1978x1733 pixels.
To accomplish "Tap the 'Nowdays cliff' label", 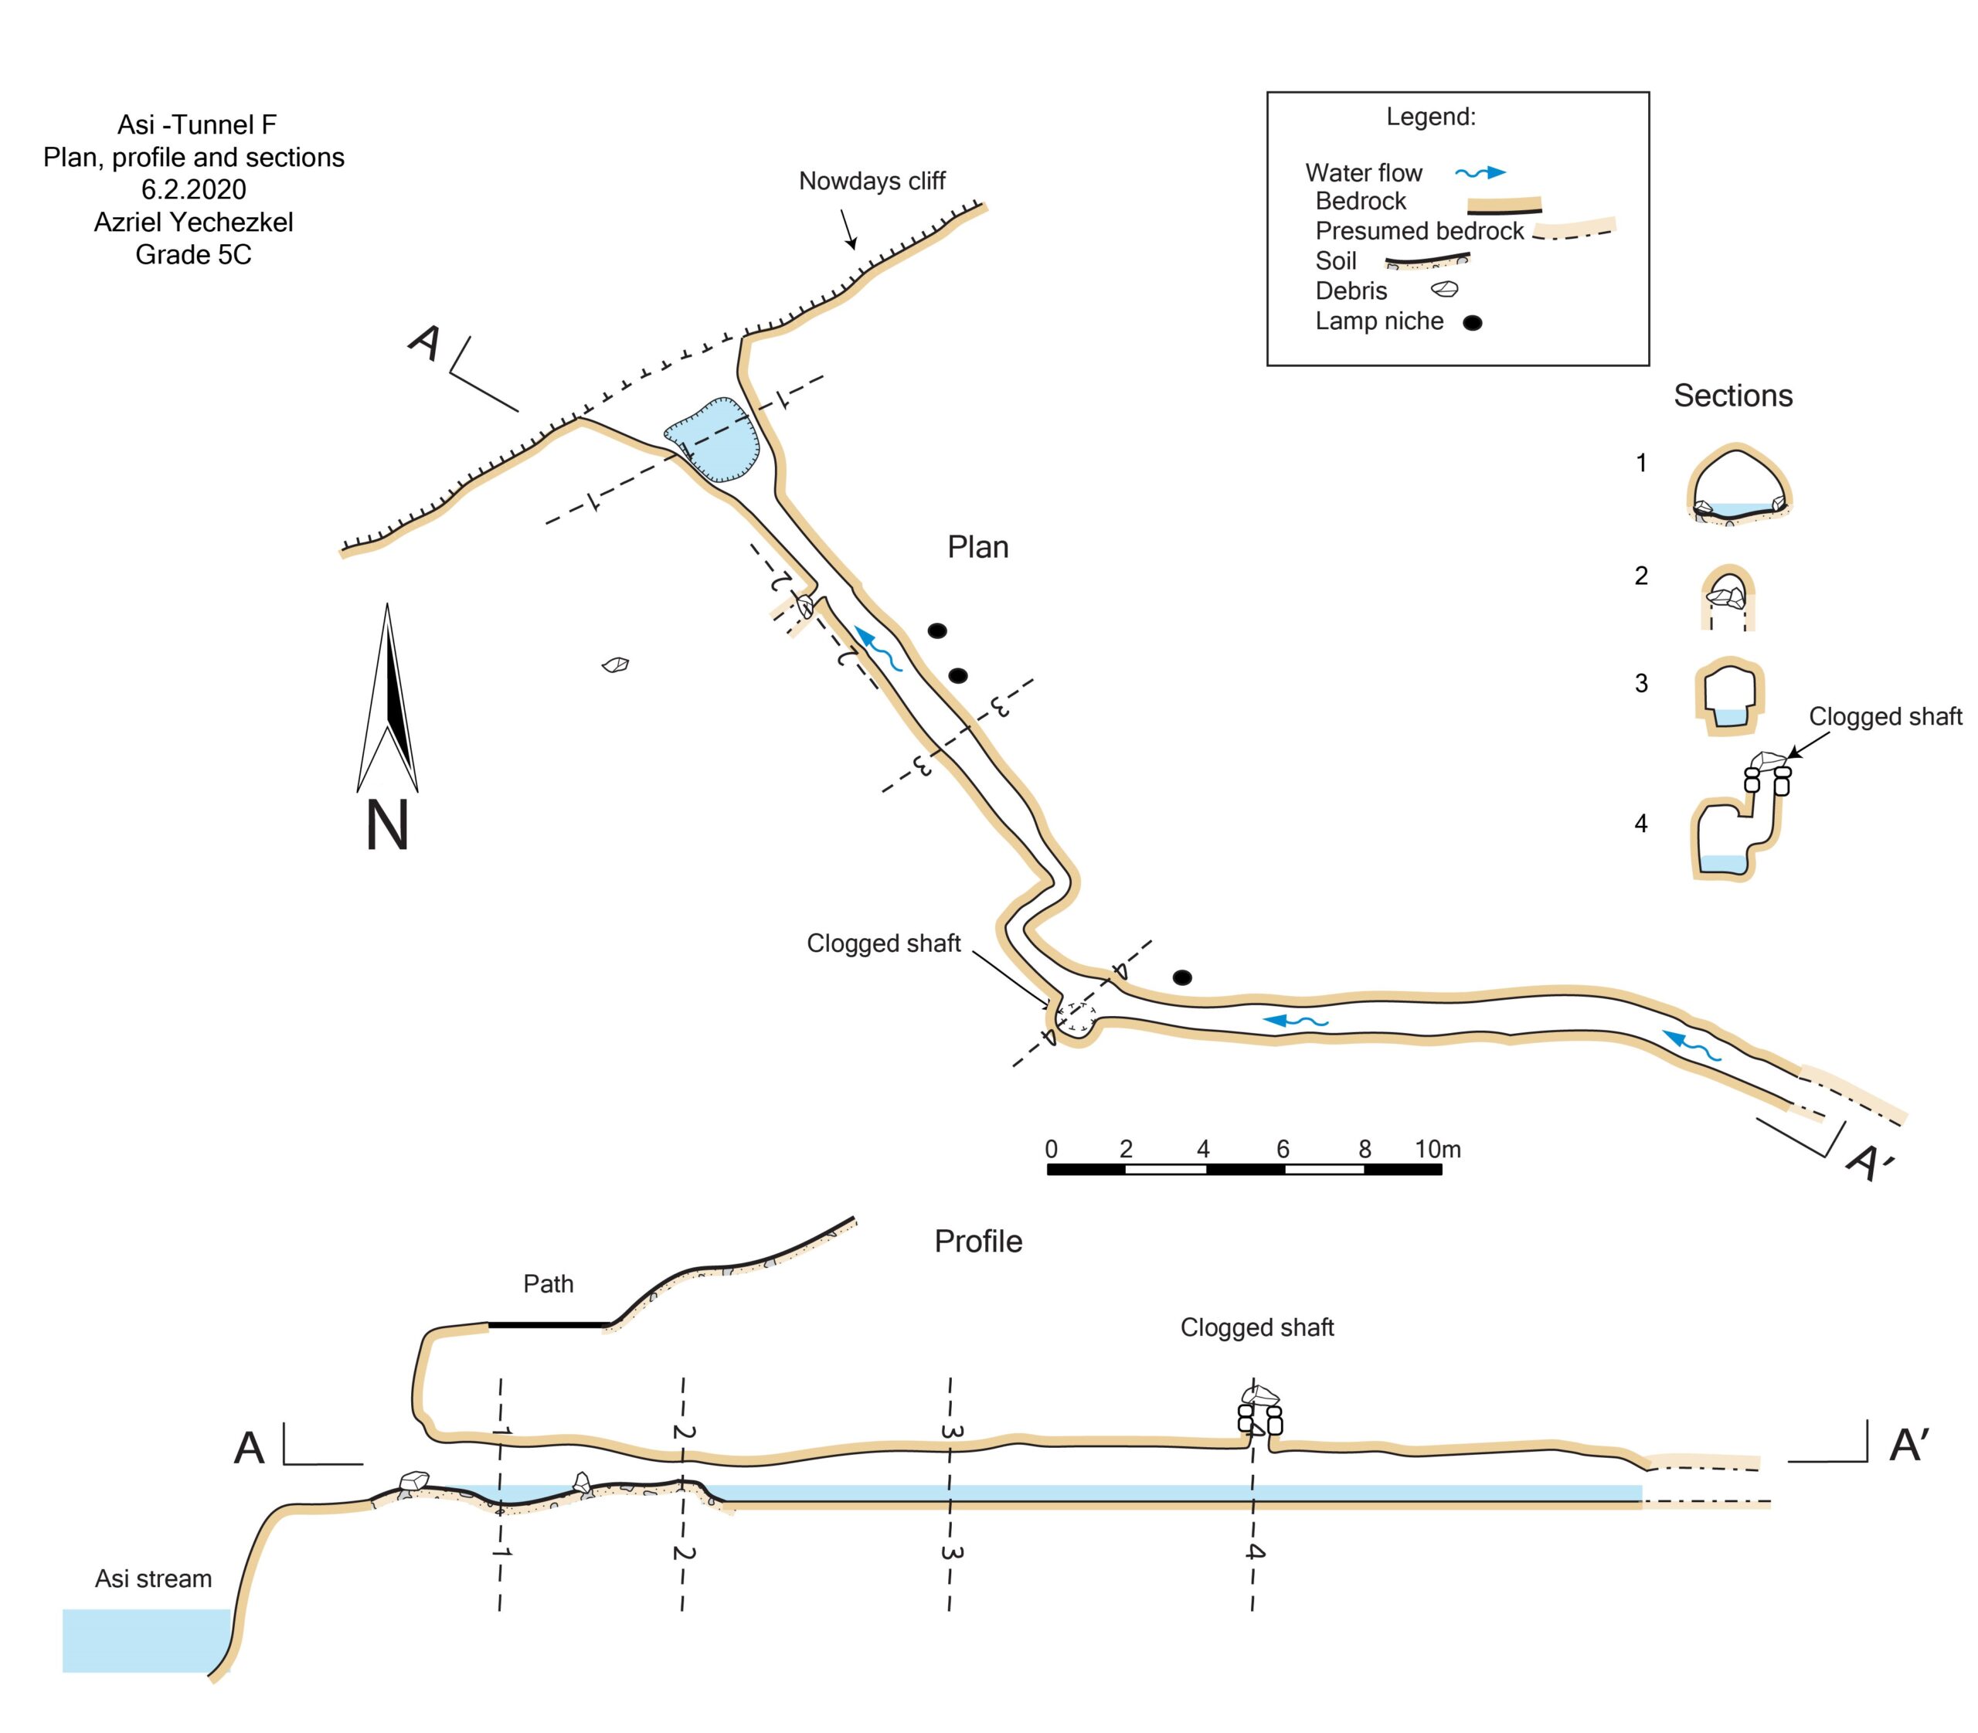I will point(871,181).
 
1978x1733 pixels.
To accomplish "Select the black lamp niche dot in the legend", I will point(1471,323).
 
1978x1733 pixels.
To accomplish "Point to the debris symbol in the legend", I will point(1444,289).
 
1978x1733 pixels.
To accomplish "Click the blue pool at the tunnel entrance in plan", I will point(714,440).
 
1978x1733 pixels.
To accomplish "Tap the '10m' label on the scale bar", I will point(1436,1149).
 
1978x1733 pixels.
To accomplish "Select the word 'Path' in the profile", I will point(548,1283).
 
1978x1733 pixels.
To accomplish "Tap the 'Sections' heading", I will point(1732,396).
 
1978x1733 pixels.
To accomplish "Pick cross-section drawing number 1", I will point(1738,484).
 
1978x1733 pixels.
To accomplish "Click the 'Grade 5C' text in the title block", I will point(193,254).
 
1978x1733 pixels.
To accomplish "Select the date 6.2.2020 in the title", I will point(193,189).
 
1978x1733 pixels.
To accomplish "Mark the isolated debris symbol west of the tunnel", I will point(615,664).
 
